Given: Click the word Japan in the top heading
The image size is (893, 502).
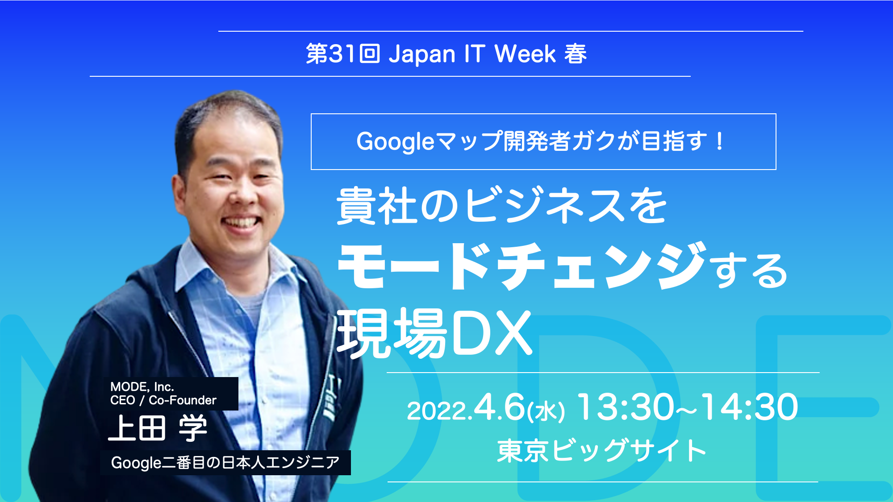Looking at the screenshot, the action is coord(421,54).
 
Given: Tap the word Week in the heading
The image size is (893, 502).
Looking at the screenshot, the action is coord(525,54).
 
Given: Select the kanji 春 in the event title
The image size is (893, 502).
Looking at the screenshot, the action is coord(576,54).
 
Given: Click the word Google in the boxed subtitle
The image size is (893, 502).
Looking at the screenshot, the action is coord(395,142).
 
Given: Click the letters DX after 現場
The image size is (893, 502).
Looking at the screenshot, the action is coord(492,333).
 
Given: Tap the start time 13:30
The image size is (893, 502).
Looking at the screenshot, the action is coord(626,407).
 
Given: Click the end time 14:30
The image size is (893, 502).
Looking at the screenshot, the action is coord(750,407).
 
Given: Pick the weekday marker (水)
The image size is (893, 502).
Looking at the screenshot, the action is coord(546,411).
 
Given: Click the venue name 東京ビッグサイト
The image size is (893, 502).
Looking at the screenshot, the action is coord(601,451).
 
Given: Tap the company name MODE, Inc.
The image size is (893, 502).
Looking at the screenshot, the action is coord(142,386).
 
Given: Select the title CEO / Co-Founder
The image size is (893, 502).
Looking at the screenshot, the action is coord(163,400).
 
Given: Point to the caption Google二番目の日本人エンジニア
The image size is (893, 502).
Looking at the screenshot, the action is coord(225,463).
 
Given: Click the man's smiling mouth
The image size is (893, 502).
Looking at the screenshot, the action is coord(242,222).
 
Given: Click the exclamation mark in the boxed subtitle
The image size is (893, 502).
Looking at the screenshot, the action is coord(719,141).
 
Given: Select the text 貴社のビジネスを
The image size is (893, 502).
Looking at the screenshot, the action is coord(501,206).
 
